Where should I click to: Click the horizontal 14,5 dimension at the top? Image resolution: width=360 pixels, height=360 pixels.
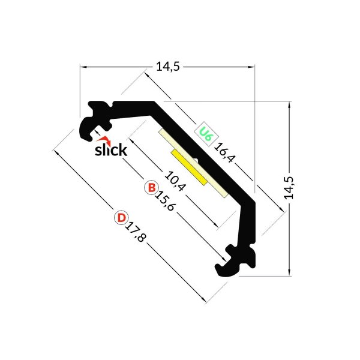tap(167, 67)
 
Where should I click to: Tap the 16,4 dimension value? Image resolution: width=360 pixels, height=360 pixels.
tap(225, 154)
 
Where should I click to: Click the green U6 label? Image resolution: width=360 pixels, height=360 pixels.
tap(205, 133)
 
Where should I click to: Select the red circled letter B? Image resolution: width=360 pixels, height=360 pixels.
tap(151, 188)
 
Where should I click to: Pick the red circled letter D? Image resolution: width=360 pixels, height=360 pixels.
tap(121, 217)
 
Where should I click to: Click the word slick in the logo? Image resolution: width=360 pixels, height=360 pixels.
tap(111, 149)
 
